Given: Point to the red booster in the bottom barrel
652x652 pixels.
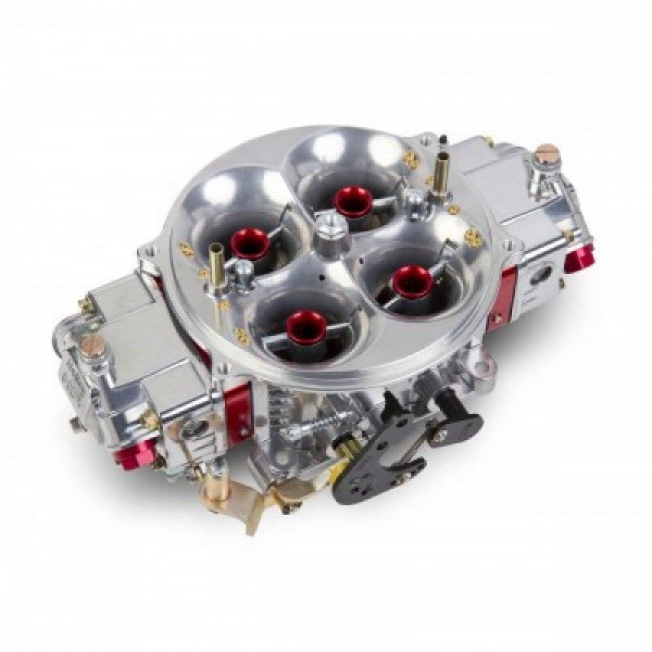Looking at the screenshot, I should click(x=306, y=324).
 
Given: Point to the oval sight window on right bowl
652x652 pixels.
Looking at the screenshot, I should click(x=540, y=274).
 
